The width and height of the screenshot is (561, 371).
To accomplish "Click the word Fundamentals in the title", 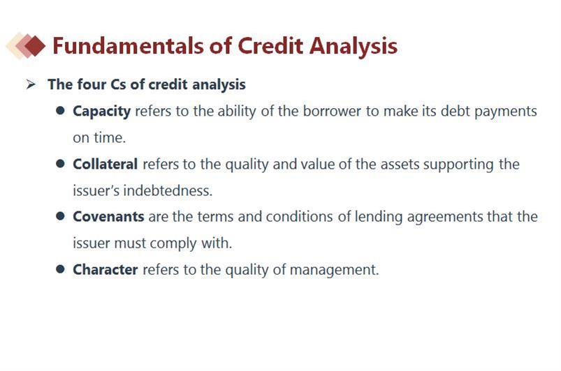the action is tap(129, 46).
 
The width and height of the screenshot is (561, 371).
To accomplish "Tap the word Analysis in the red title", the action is tap(354, 47).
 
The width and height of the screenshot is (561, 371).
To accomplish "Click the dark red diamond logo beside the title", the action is tap(35, 46).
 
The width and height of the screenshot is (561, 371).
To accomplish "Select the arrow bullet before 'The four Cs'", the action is tap(31, 84).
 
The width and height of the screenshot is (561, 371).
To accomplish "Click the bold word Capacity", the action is tap(101, 112).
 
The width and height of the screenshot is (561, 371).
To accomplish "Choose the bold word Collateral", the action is tap(105, 164).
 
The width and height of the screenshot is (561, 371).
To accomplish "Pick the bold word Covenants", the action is tap(108, 217).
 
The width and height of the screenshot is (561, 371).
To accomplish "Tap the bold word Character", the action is tap(105, 269).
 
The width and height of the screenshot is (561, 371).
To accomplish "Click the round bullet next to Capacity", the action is tap(60, 111).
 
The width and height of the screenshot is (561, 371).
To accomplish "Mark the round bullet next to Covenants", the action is tap(60, 216).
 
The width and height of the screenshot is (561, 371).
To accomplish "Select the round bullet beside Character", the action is tap(60, 269).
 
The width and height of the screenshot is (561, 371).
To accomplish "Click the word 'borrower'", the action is tap(332, 111).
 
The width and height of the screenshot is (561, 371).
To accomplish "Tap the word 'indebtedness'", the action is tap(168, 190).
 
